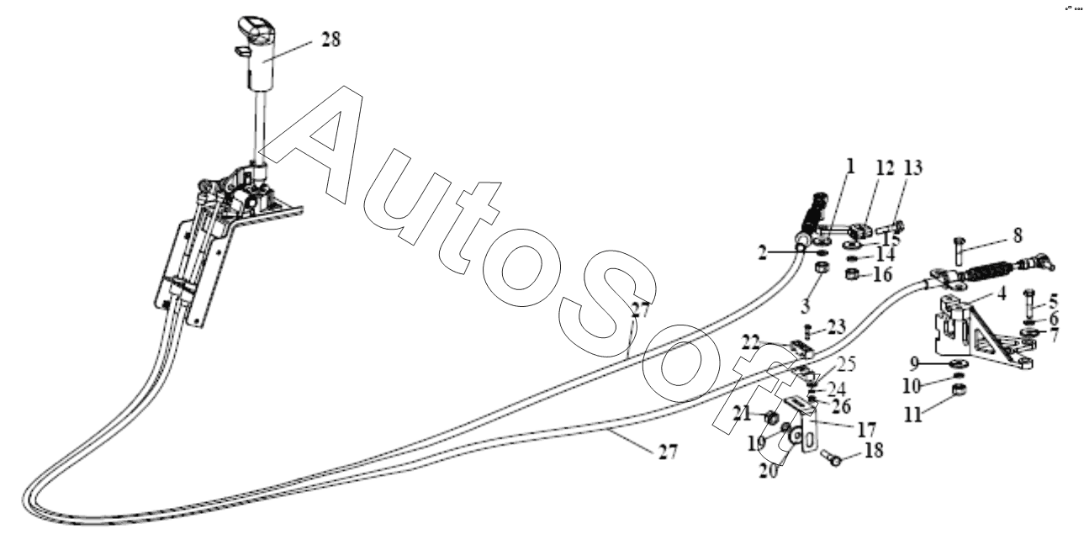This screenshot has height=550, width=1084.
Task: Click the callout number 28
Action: pos(331,40)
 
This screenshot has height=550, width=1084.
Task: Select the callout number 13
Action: pos(913,167)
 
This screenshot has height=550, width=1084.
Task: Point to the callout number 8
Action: pos(1018,236)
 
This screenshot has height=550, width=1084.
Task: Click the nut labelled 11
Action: pos(959,389)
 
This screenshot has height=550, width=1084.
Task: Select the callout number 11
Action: pos(912,415)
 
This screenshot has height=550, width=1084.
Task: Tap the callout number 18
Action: pos(874,451)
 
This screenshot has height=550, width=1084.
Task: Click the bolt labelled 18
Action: pos(832,458)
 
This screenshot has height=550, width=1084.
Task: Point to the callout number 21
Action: pos(742,414)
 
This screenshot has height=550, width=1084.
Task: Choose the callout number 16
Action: pos(882,275)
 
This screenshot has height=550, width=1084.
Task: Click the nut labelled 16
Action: pos(853,275)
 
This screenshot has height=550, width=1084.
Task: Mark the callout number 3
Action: pos(805,306)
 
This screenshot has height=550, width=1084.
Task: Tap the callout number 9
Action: pos(913,362)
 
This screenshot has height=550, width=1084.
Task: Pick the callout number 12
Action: pos(885,168)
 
